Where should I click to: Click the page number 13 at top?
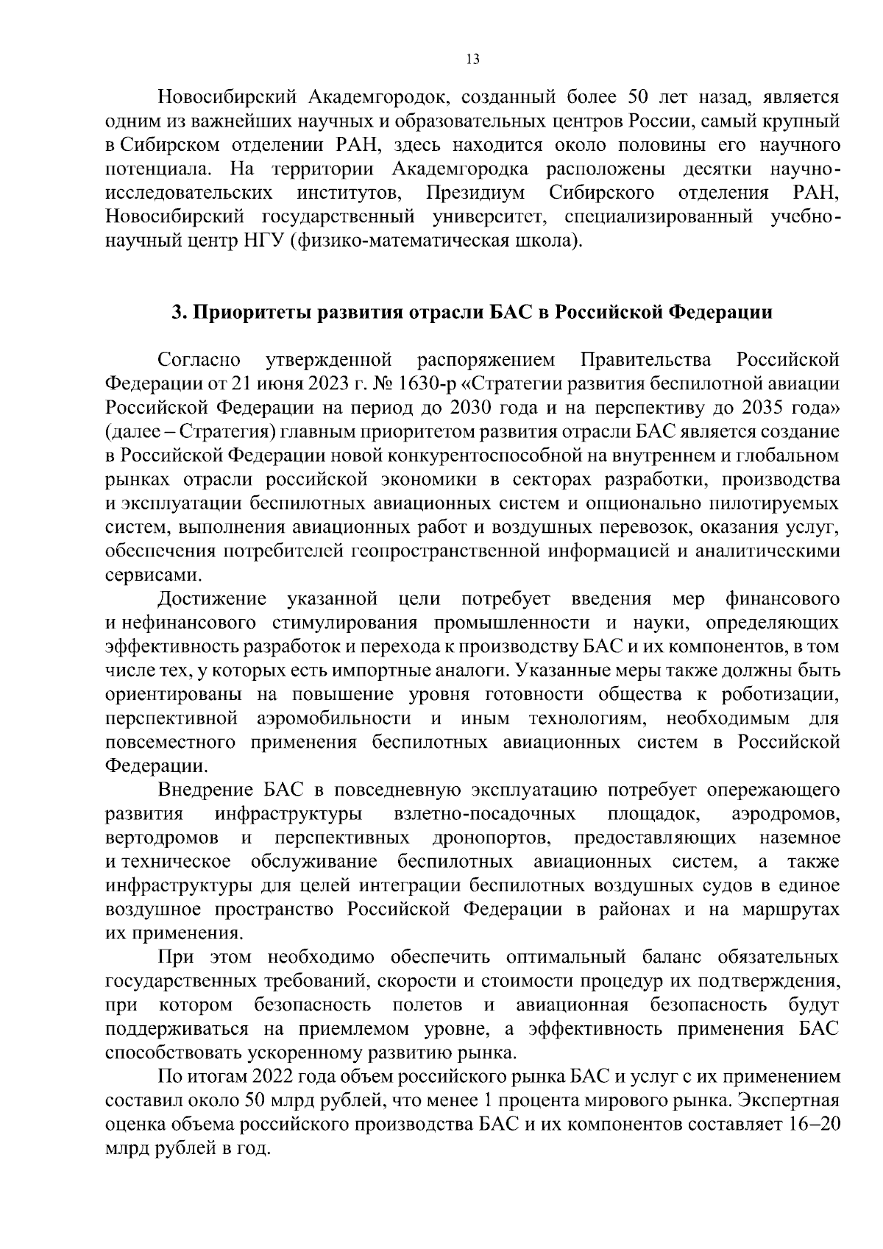click(473, 60)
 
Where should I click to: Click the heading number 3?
click(177, 312)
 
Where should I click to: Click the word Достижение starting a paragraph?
click(213, 599)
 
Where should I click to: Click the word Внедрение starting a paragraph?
click(205, 790)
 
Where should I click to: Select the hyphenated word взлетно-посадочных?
click(485, 815)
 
